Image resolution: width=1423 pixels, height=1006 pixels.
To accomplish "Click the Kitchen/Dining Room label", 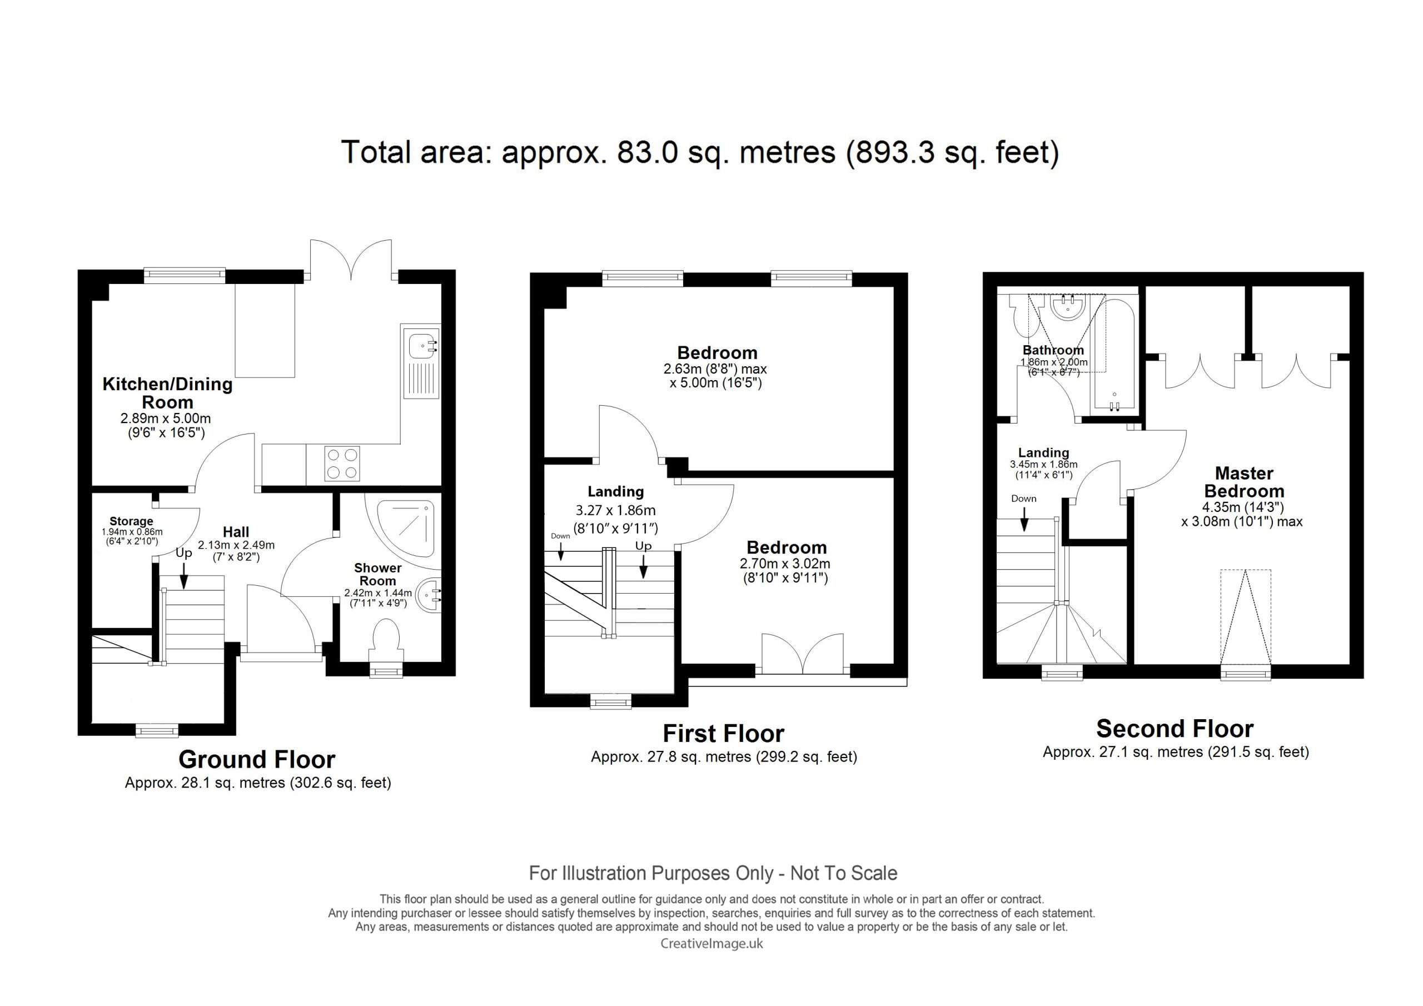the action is click(167, 393).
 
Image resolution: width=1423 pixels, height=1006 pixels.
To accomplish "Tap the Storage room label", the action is click(131, 521).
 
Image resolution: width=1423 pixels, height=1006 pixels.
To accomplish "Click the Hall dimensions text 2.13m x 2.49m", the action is click(236, 545).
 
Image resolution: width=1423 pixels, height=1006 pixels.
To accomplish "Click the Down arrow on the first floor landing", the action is click(560, 551).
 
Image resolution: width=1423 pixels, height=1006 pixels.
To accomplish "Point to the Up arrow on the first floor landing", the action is click(643, 566).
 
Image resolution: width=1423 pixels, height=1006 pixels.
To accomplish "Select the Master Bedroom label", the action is click(1244, 482).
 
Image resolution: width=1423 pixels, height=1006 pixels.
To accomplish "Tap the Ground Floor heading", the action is click(257, 759).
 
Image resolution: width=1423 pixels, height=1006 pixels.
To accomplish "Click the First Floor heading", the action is click(723, 734).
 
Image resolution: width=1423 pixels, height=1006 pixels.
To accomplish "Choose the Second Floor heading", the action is click(1175, 728).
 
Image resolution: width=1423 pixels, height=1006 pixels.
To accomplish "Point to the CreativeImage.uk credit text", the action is click(711, 944).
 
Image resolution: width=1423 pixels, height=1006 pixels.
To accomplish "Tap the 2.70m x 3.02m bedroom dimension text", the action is click(785, 564).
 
